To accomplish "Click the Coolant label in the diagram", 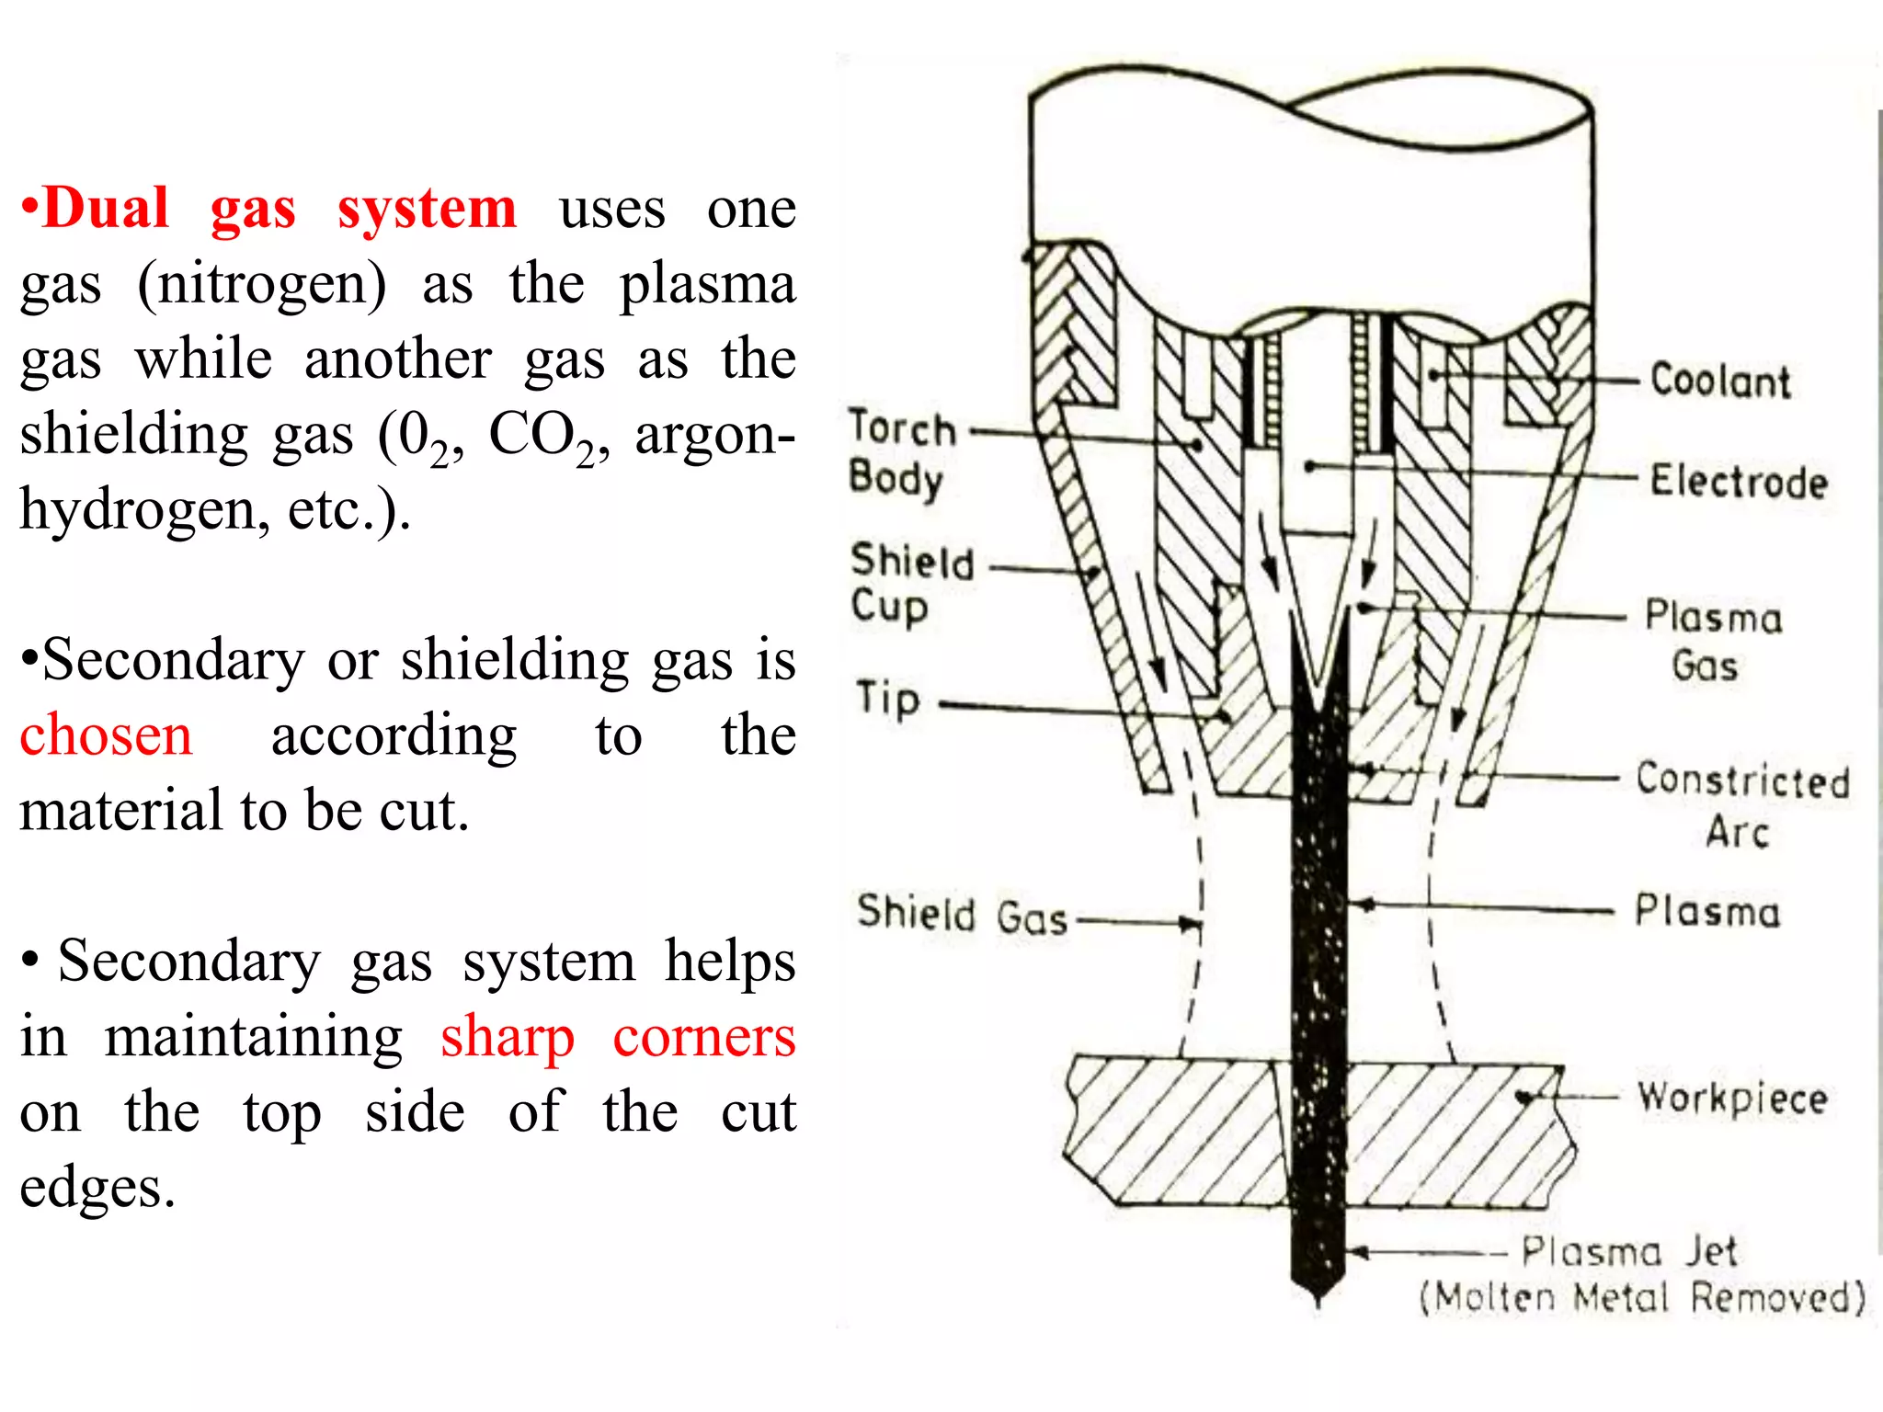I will [x=1720, y=381].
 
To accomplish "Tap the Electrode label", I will [x=1738, y=482].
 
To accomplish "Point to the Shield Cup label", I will [x=910, y=583].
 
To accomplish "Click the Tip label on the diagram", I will [x=888, y=699].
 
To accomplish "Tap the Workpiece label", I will [x=1732, y=1098].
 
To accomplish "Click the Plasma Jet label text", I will [x=1628, y=1251].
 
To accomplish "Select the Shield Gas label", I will [x=962, y=915].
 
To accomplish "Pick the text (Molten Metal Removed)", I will [x=1642, y=1298].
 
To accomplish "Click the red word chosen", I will [x=106, y=735].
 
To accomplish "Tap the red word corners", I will [x=703, y=1037].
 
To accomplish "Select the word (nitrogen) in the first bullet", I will [x=262, y=284].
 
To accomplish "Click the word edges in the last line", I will [x=97, y=1188].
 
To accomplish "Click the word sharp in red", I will [x=507, y=1037].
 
